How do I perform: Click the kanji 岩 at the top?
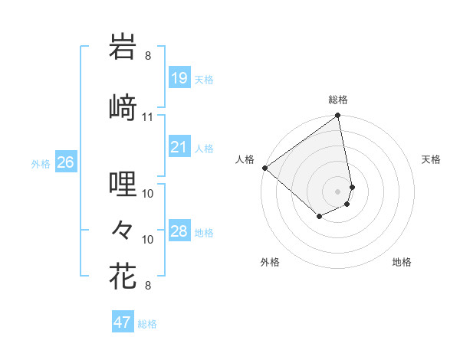click(123, 47)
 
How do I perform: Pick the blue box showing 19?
click(179, 78)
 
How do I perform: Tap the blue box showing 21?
click(179, 147)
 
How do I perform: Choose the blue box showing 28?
click(179, 231)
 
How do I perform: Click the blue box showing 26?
click(65, 162)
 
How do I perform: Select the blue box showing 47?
click(123, 322)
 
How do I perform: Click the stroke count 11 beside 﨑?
click(148, 117)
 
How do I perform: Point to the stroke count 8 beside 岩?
click(148, 56)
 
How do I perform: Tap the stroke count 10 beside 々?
click(148, 240)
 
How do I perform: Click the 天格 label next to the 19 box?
click(204, 80)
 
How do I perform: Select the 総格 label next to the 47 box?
click(147, 324)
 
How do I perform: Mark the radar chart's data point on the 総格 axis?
click(338, 116)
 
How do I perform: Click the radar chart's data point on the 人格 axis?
click(264, 168)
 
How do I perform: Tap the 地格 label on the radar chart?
click(402, 263)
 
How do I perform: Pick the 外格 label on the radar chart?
click(270, 263)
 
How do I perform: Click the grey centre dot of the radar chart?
click(338, 190)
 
